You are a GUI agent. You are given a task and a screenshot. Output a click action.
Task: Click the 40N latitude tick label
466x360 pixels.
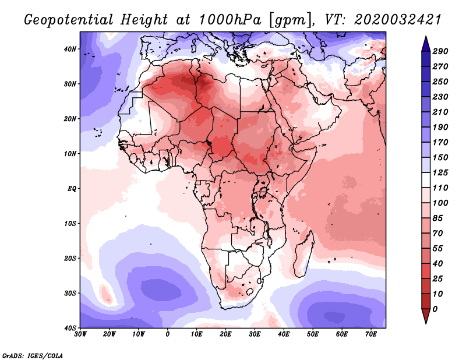[x=69, y=49]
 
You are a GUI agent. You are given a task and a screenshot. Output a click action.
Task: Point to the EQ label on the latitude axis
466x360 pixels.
[x=72, y=189]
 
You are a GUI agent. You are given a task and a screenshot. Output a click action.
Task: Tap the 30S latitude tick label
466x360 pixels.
[x=70, y=294]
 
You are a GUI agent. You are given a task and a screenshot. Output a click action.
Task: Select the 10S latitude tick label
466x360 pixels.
[x=70, y=224]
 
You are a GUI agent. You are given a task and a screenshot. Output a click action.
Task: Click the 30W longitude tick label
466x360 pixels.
[x=80, y=334]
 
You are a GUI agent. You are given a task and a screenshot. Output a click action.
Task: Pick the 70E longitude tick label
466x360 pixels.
[x=371, y=334]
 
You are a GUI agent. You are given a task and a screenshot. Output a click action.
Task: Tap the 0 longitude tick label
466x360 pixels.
[x=168, y=334]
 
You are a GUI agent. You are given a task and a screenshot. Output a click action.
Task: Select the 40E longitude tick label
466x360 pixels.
[x=284, y=334]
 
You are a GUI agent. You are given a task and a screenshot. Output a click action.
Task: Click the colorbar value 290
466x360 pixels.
[x=440, y=51]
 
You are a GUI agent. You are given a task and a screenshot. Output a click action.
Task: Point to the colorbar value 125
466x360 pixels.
[x=440, y=172]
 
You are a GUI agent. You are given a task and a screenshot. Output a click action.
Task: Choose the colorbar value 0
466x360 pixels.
[x=435, y=309]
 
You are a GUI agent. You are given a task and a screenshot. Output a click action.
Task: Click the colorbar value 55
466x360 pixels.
[x=437, y=249]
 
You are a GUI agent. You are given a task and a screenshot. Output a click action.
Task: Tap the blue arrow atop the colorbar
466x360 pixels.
[x=426, y=44]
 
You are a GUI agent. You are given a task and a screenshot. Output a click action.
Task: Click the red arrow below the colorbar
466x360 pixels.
[x=426, y=316]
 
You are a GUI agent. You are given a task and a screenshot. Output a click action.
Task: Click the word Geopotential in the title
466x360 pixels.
[x=69, y=20]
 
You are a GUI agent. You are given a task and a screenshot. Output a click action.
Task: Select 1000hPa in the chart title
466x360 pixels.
[x=229, y=20]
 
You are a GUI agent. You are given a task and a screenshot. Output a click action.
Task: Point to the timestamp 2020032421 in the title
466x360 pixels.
[x=397, y=20]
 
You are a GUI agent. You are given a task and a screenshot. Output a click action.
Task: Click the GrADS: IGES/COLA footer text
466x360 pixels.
[x=33, y=355]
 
